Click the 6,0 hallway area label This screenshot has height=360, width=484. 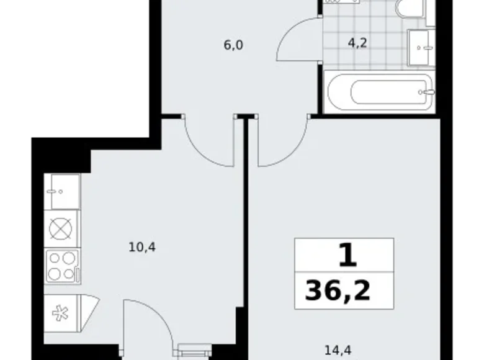233,45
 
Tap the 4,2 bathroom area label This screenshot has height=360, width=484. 357,43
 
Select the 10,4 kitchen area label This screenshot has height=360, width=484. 142,247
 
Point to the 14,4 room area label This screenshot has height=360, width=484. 338,350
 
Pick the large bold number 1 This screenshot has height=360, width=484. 348,255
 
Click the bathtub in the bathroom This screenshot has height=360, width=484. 381,92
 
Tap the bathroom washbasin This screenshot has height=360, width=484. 421,47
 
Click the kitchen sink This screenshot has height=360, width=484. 62,191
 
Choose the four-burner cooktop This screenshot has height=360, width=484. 63,266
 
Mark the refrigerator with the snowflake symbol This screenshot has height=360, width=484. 62,313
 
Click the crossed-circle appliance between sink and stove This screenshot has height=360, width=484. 61,229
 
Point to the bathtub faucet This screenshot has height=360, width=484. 427,92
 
